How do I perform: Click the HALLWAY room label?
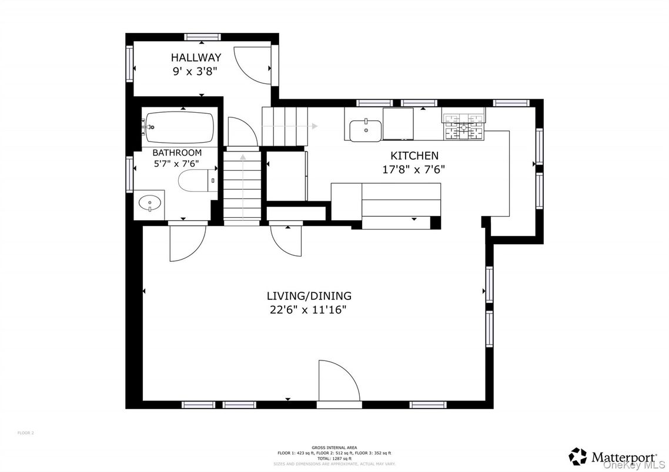[196, 58]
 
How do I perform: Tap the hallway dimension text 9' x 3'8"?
[196, 70]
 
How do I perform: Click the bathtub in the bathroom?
[179, 127]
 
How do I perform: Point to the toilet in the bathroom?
[193, 181]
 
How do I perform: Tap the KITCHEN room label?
[414, 156]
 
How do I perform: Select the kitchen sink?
[364, 130]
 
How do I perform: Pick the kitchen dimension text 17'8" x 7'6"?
[414, 170]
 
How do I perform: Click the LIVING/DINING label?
[309, 296]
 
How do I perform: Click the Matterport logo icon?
[577, 456]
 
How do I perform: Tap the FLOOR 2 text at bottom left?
[26, 433]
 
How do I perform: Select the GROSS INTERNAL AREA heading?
[334, 447]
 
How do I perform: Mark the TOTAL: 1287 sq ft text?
[334, 458]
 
